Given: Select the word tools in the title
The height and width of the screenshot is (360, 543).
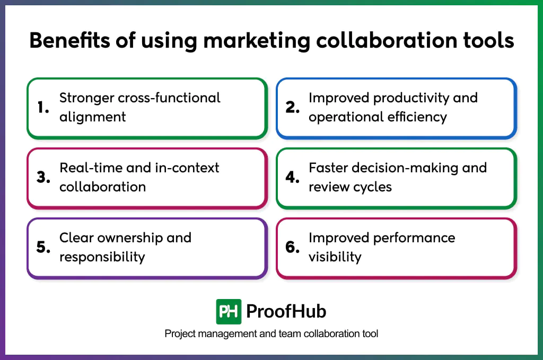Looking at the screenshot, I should [x=488, y=41].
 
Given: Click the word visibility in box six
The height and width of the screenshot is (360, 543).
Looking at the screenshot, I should [x=335, y=257].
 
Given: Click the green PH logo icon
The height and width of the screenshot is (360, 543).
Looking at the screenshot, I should [x=229, y=312].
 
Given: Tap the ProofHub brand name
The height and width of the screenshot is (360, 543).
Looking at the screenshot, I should [x=287, y=312].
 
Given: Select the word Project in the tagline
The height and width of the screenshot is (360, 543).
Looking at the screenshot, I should [x=179, y=334].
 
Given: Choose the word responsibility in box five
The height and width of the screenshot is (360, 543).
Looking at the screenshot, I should [x=102, y=257].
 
